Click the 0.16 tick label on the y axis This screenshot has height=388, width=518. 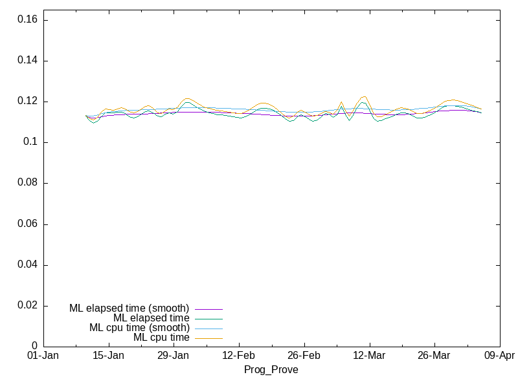[27, 20]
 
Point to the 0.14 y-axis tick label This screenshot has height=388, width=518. [27, 61]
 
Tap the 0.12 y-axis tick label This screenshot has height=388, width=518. [27, 102]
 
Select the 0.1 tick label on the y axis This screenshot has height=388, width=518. [29, 142]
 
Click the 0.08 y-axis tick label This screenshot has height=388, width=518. [27, 183]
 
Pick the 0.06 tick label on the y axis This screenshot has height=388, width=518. [27, 224]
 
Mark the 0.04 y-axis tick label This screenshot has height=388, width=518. [27, 264]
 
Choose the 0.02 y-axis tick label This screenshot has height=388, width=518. [27, 305]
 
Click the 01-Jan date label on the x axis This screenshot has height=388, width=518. [43, 356]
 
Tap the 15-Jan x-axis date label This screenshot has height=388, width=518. [108, 356]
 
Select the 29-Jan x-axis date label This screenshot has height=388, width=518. [174, 356]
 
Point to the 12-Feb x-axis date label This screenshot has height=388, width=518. [239, 356]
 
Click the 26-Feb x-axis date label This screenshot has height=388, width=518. [304, 356]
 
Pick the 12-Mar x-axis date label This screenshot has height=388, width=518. [369, 356]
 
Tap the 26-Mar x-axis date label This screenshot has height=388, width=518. [434, 356]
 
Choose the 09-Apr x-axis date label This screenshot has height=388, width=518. [499, 356]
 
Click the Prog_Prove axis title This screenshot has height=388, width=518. [271, 370]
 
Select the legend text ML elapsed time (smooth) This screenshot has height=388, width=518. [129, 308]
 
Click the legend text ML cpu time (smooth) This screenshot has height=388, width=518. [139, 328]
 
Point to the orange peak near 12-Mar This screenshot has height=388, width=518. [364, 96]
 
